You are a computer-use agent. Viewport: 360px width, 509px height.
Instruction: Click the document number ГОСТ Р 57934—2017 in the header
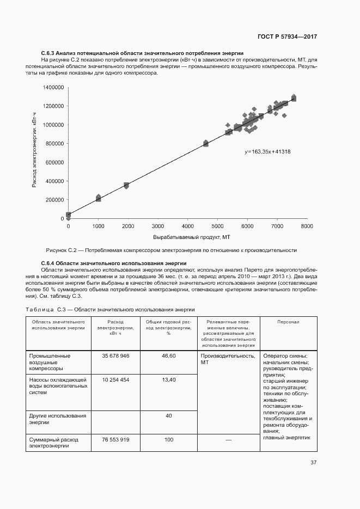(x=287, y=36)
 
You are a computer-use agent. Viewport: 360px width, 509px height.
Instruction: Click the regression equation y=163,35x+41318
(x=267, y=151)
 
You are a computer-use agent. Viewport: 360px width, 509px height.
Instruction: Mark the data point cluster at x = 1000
(x=99, y=198)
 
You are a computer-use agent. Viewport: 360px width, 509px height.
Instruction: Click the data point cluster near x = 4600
(x=206, y=143)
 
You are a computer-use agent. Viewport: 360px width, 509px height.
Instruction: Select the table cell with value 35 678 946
(x=115, y=355)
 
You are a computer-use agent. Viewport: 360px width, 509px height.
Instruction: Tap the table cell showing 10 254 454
(x=115, y=379)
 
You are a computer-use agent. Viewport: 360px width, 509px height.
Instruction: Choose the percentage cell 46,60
(x=169, y=355)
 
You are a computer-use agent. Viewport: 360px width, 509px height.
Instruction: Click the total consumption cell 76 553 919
(x=115, y=439)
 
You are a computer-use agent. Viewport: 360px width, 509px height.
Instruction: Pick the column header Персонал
(x=288, y=322)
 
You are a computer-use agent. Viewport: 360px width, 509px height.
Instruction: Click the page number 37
(x=313, y=463)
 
